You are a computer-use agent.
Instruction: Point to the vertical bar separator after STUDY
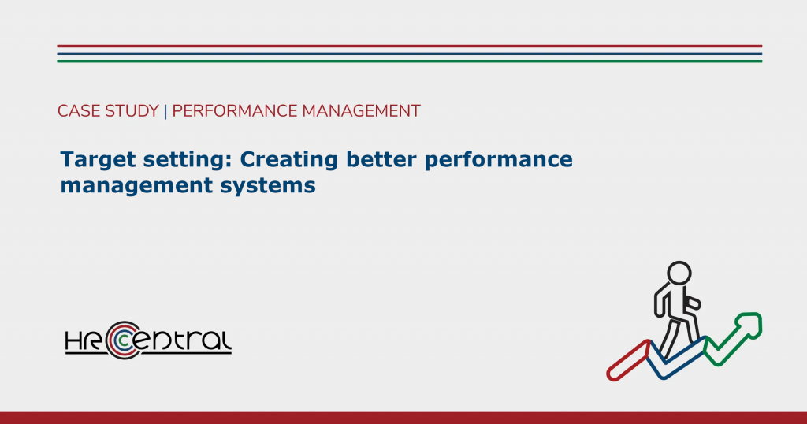click(165, 111)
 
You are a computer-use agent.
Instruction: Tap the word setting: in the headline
click(188, 160)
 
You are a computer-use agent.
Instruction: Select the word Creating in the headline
click(289, 160)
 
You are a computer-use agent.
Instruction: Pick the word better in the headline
click(381, 159)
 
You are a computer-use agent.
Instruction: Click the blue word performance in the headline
click(499, 160)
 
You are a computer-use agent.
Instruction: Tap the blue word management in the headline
click(136, 186)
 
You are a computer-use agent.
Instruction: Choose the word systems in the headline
click(268, 186)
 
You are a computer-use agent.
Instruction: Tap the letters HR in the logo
click(84, 341)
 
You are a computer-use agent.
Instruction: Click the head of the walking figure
click(679, 273)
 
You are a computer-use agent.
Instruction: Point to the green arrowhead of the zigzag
click(749, 325)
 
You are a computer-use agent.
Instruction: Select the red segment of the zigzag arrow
click(629, 361)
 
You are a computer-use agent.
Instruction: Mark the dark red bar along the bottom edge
click(403, 418)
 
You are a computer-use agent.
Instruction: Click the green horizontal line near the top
click(409, 61)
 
